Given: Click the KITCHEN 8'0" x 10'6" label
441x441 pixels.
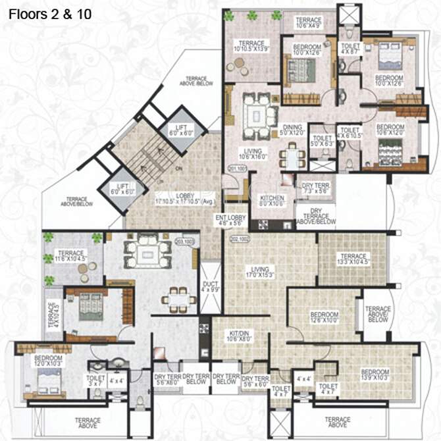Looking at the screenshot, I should pyautogui.click(x=271, y=199).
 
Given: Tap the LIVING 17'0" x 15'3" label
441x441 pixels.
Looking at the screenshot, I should pyautogui.click(x=257, y=270).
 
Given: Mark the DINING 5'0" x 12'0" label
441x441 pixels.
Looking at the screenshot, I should pyautogui.click(x=292, y=130).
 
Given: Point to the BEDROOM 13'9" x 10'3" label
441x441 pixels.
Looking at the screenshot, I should pyautogui.click(x=375, y=374).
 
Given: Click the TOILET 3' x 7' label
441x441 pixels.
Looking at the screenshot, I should pyautogui.click(x=95, y=381).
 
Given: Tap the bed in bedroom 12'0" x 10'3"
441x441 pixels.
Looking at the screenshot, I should pyautogui.click(x=48, y=380).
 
